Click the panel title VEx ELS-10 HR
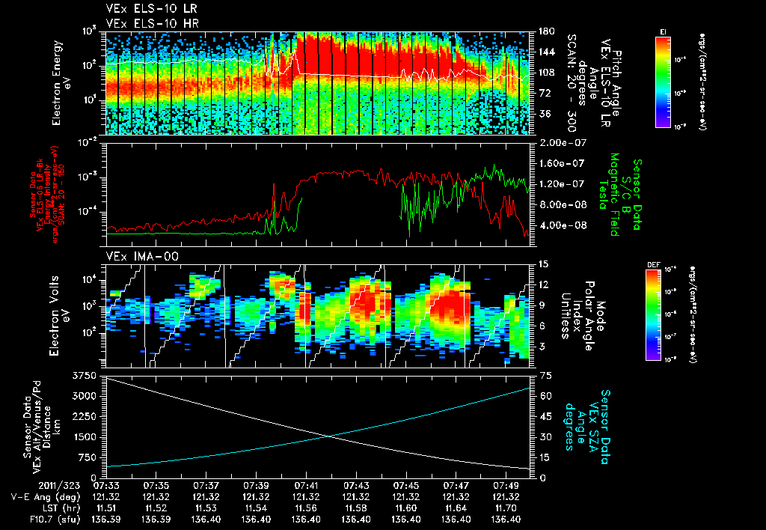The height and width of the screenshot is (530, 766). click(146, 24)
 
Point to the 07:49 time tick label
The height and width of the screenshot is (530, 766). click(506, 486)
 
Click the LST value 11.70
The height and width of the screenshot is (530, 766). click(506, 508)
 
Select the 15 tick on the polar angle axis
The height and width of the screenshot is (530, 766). click(537, 264)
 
